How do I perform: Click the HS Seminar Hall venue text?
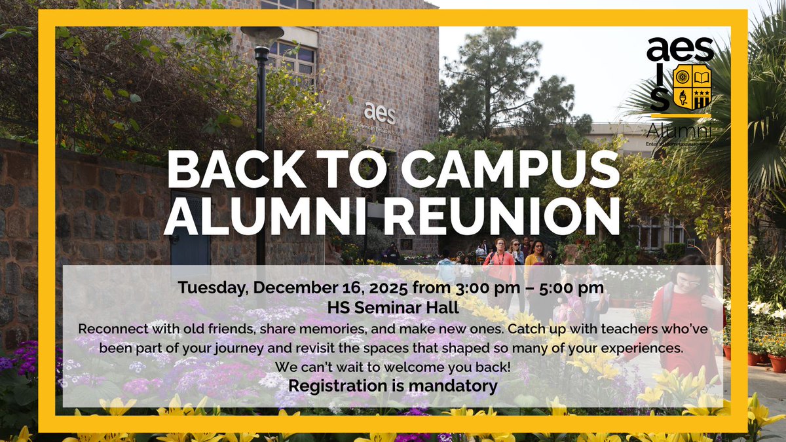click(x=393, y=306)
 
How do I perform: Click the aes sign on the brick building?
click(x=380, y=113)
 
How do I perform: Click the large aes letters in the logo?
click(x=679, y=50)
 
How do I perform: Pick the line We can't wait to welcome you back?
click(x=393, y=367)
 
